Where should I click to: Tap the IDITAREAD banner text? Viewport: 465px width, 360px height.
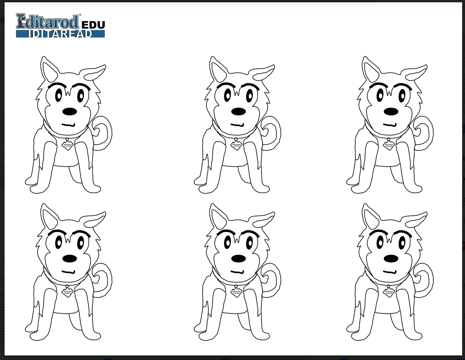click(61, 34)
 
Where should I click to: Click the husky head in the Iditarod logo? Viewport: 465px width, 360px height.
click(22, 21)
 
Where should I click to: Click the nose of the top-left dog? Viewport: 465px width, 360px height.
click(69, 111)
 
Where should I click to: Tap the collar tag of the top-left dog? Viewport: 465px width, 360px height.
click(67, 145)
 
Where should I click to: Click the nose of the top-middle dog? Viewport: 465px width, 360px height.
click(238, 111)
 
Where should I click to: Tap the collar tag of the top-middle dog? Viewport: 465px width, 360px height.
click(236, 145)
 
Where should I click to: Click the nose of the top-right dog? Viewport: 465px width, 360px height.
click(391, 111)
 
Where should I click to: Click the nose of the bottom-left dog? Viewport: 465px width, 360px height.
click(69, 259)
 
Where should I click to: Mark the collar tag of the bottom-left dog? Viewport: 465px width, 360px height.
click(67, 292)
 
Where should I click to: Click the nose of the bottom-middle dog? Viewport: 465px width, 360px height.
click(238, 259)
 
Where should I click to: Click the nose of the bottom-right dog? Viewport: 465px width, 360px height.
click(391, 259)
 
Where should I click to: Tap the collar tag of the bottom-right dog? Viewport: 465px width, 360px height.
click(389, 292)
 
